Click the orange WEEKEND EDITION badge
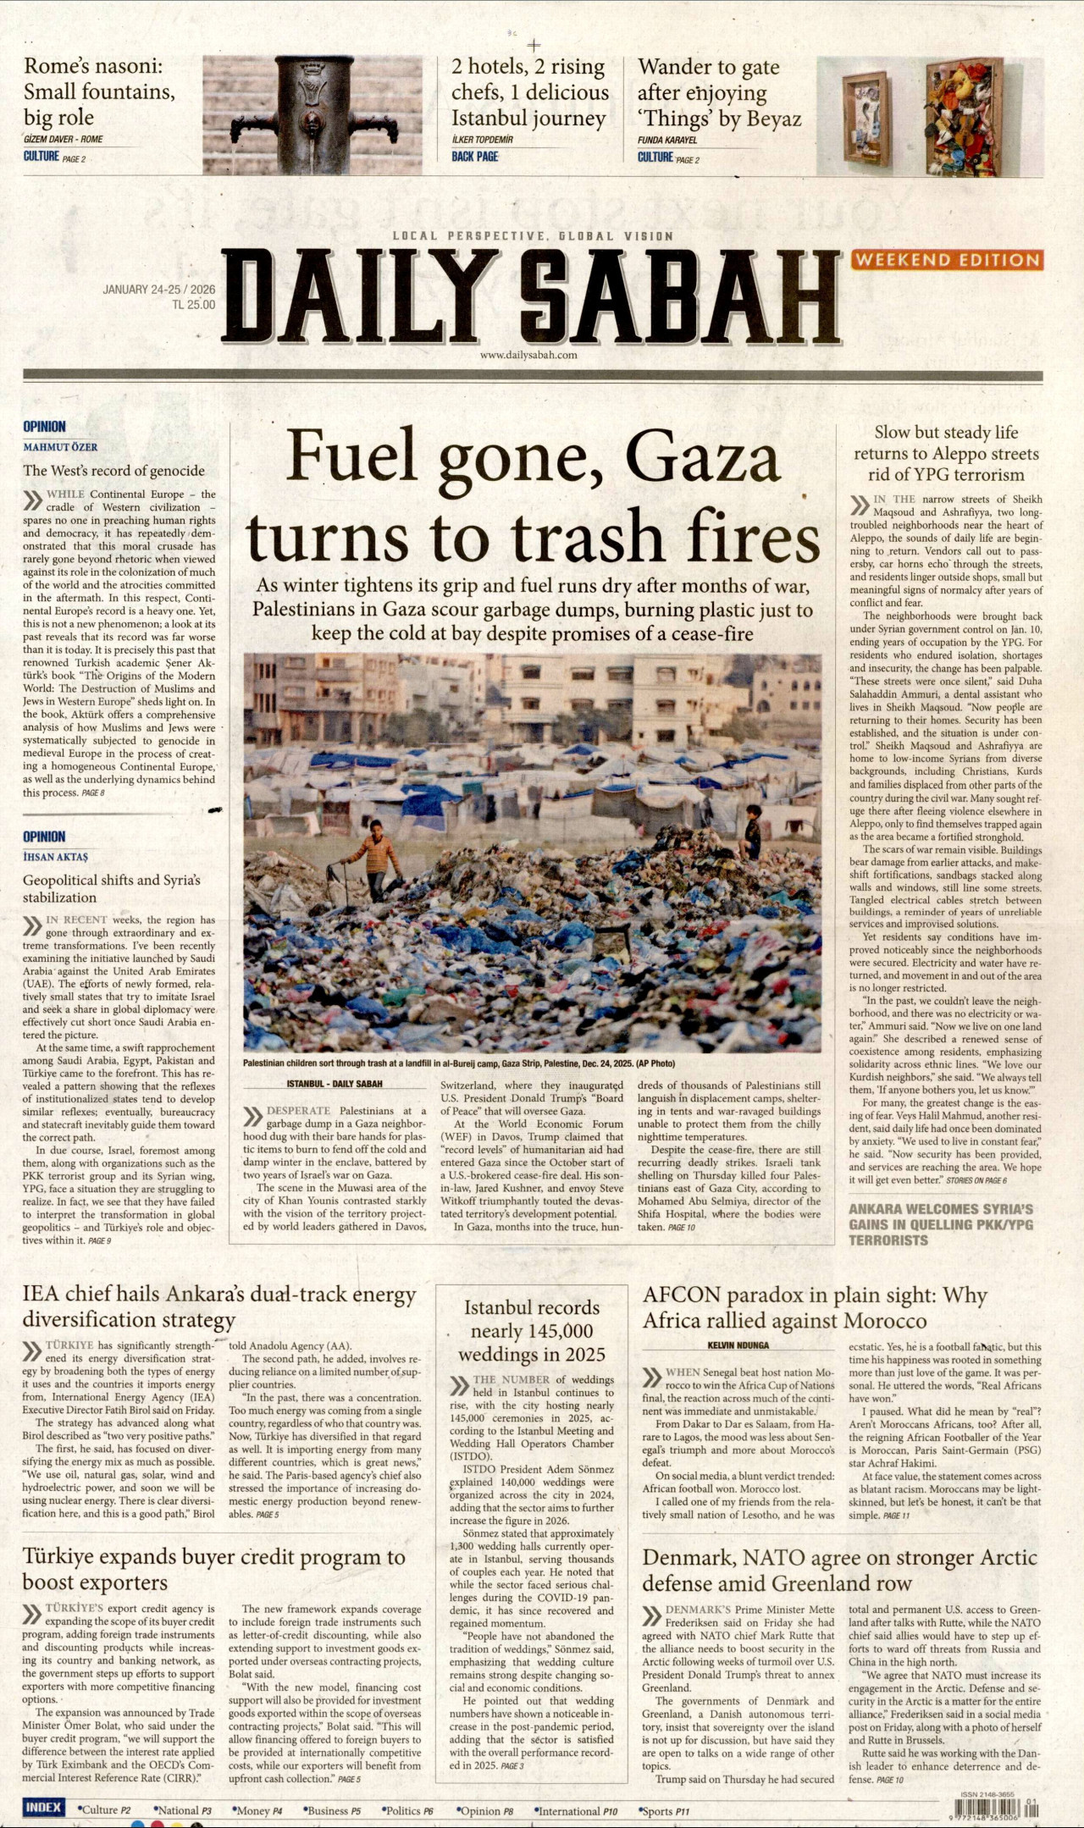(x=947, y=260)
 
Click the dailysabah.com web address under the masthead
(x=528, y=355)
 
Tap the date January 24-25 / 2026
(x=158, y=290)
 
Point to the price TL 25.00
(x=193, y=305)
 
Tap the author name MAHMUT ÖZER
(x=60, y=447)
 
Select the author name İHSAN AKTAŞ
(x=55, y=857)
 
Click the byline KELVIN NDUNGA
(x=738, y=1345)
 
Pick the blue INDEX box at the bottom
(x=43, y=1808)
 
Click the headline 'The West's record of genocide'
(x=113, y=471)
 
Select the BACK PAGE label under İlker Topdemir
(x=474, y=157)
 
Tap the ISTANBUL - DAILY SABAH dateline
(x=334, y=1084)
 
